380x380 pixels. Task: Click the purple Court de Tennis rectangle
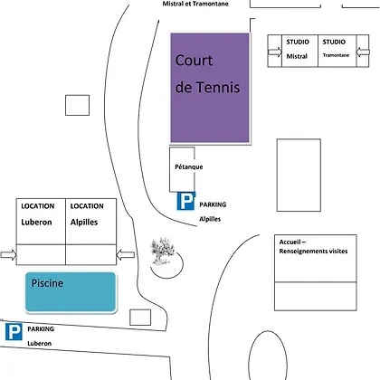tap(210, 88)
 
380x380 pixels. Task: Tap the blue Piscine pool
tap(71, 292)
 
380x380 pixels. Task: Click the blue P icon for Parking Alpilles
tap(185, 201)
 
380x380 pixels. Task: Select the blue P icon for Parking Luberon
tap(14, 332)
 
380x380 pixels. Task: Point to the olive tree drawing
tap(163, 251)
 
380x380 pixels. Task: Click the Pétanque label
tap(189, 166)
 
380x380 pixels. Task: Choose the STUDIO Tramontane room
tap(337, 51)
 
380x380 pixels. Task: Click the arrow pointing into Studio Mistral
tap(275, 52)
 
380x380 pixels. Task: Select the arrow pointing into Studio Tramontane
tap(363, 52)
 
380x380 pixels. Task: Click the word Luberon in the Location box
tap(36, 223)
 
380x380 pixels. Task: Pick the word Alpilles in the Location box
tap(84, 223)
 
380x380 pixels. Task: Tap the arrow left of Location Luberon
tap(8, 255)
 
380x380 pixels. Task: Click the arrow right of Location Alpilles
tap(126, 255)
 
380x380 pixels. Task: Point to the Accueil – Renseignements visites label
tap(313, 246)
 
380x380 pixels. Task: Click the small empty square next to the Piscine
tap(140, 318)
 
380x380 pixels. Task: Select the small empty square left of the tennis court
tap(78, 105)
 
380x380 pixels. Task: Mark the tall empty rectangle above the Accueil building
tap(299, 176)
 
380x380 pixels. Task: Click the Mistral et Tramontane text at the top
tap(195, 4)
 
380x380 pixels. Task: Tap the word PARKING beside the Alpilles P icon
tap(213, 204)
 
